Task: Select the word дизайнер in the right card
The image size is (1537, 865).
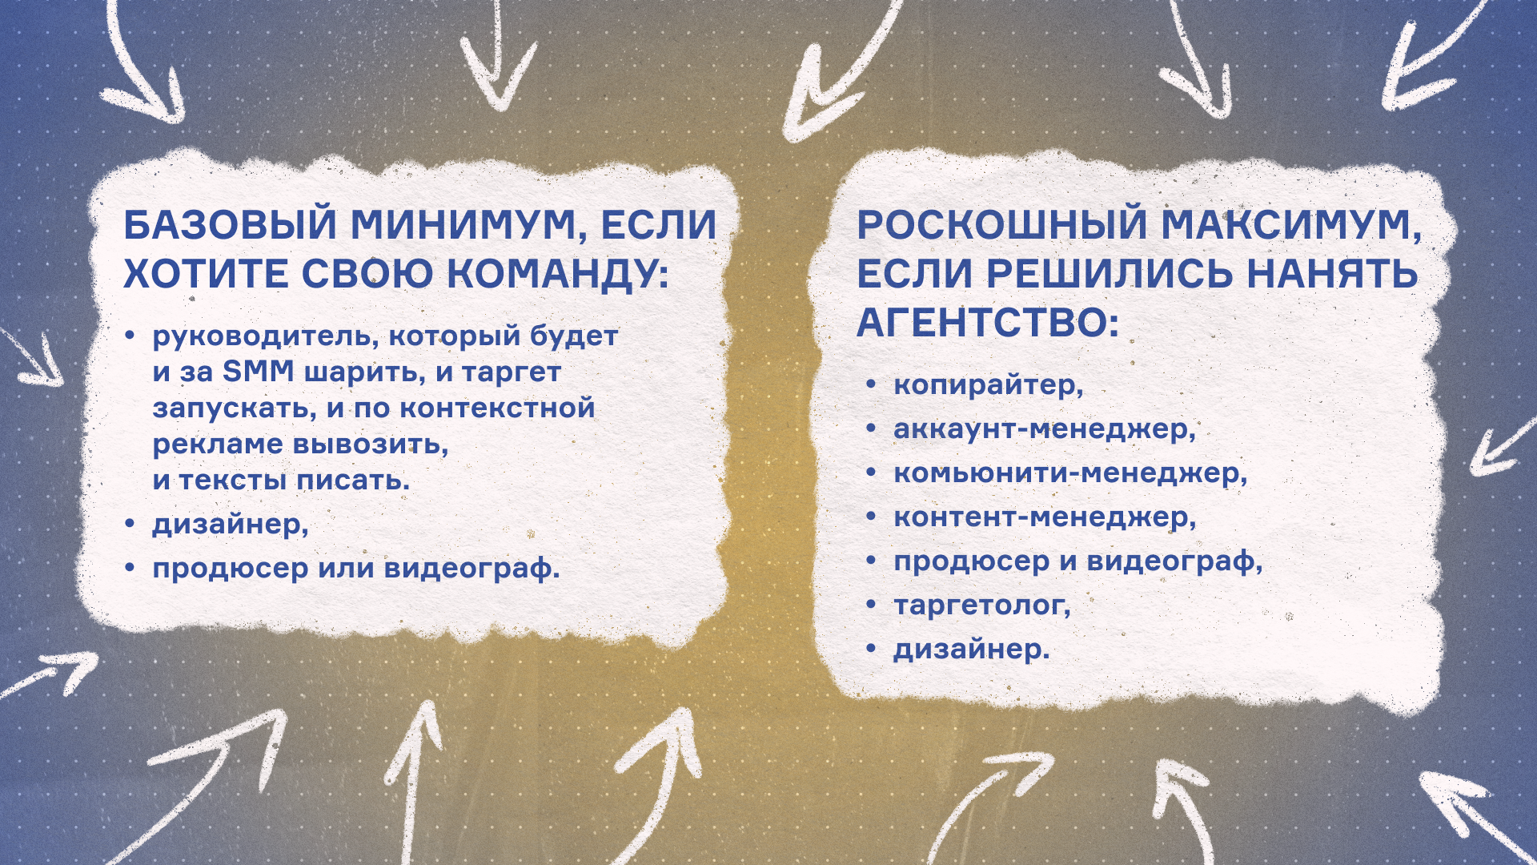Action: coord(971,649)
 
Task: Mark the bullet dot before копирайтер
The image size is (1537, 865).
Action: coord(872,386)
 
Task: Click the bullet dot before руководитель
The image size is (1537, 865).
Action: coord(130,336)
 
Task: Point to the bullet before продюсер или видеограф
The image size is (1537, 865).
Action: coord(130,569)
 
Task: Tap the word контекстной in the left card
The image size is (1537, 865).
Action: coord(497,408)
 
